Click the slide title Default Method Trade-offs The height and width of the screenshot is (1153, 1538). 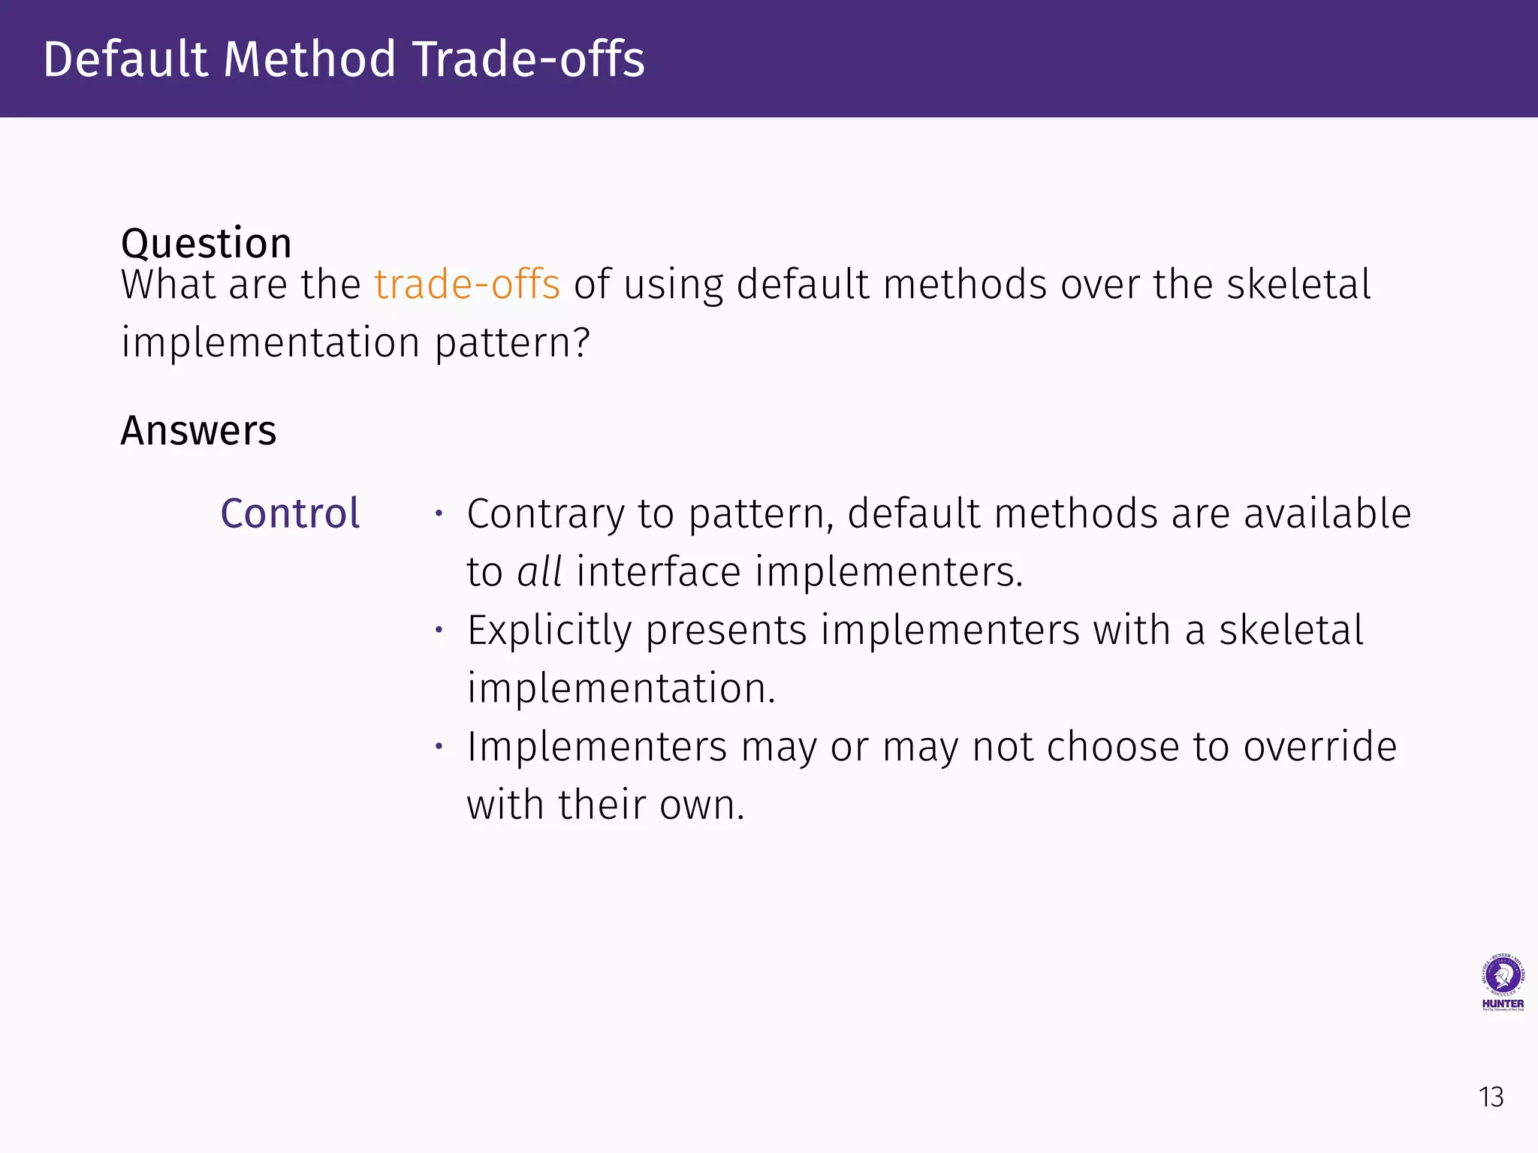pos(344,59)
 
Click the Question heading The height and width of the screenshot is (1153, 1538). pos(207,243)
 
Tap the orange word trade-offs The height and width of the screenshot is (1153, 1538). pos(467,284)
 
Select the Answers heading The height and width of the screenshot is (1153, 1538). pos(198,431)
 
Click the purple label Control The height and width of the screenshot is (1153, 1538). pos(290,514)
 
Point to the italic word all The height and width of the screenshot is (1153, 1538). pos(539,572)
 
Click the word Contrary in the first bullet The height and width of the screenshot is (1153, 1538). pos(545,515)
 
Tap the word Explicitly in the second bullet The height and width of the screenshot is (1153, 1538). pos(549,631)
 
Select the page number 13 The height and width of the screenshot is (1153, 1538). pos(1491,1097)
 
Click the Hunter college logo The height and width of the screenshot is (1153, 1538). pos(1502,983)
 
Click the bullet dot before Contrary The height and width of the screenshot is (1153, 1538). pos(439,514)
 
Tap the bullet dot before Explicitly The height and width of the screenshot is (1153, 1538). pos(439,630)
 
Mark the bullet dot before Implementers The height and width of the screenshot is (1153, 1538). pos(439,746)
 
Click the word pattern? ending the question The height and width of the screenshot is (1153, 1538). pos(512,344)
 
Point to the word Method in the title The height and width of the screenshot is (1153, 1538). pos(309,59)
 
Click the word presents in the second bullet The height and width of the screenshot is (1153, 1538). pos(725,631)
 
